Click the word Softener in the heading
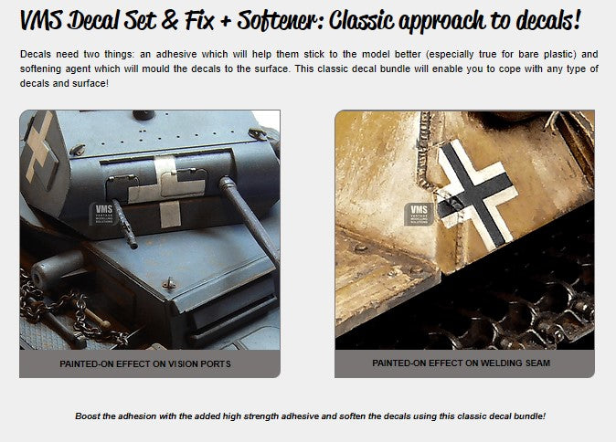tap(274, 19)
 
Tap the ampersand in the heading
tap(170, 20)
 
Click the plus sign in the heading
tap(226, 21)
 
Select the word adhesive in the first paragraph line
tap(176, 54)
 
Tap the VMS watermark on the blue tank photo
tap(103, 214)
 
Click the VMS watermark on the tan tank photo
tap(419, 214)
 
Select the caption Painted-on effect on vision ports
tap(145, 363)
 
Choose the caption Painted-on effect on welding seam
tap(461, 363)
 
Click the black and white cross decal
tap(476, 193)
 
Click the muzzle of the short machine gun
tap(133, 246)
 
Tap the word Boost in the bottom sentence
tap(88, 416)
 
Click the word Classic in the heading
tap(361, 19)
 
